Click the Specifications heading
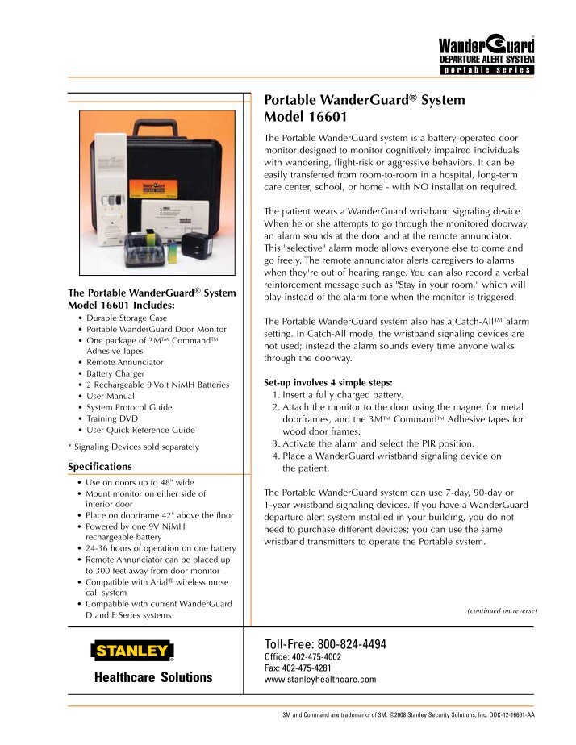pyautogui.click(x=100, y=466)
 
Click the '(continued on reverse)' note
pyautogui.click(x=502, y=611)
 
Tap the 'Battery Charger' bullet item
pyautogui.click(x=124, y=374)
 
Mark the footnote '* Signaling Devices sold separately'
pyautogui.click(x=133, y=446)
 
